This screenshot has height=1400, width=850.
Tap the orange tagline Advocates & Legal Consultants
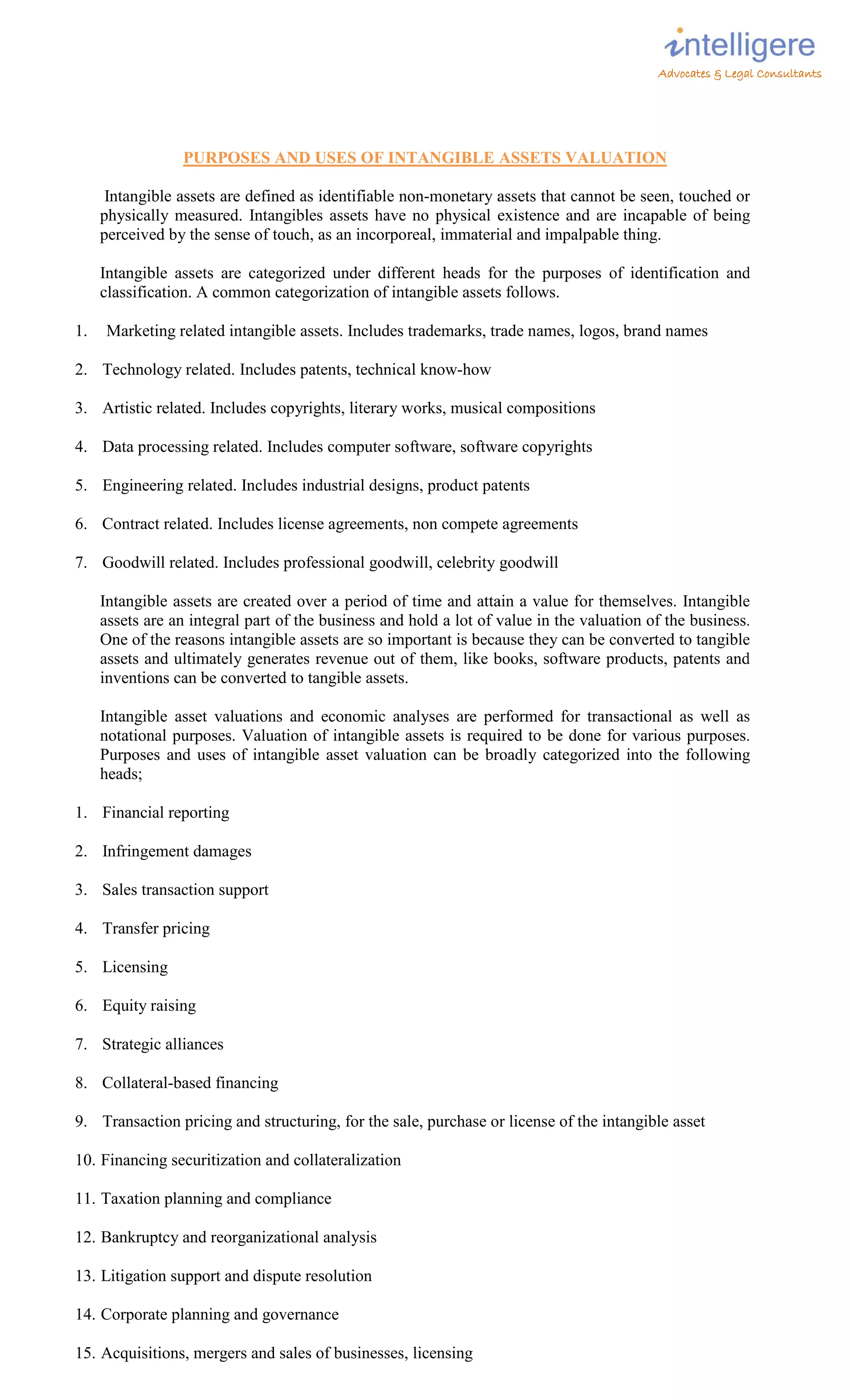(739, 74)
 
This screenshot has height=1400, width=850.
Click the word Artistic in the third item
(127, 408)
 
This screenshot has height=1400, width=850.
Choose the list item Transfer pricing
(156, 928)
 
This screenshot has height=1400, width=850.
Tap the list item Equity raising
(149, 1006)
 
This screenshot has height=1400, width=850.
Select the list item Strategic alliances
(163, 1044)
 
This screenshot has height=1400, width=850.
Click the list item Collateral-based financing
(190, 1083)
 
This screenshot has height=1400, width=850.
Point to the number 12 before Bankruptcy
(84, 1237)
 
